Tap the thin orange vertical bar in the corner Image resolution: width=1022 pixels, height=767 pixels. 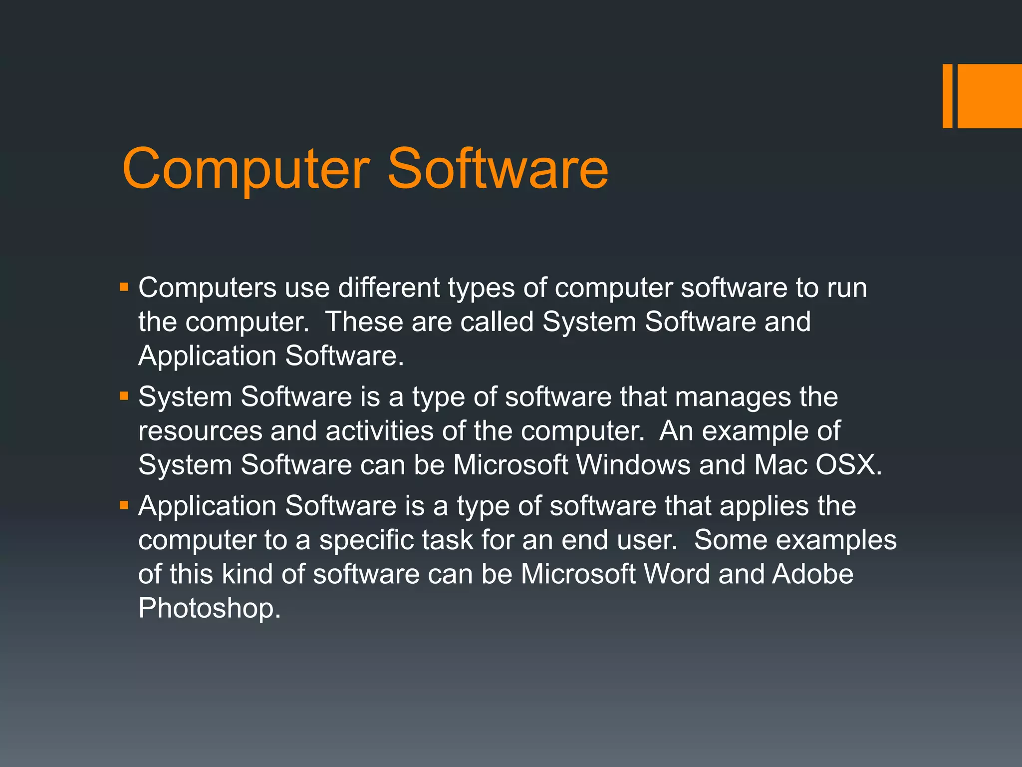coord(947,96)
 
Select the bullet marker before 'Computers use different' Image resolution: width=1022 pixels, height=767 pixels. coord(124,288)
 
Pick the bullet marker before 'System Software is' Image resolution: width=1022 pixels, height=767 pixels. coord(124,397)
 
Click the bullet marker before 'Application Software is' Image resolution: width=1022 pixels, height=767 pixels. coord(124,506)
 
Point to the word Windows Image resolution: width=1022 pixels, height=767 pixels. coord(633,465)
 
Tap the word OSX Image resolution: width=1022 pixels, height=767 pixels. coord(847,465)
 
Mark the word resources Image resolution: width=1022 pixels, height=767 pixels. coord(200,431)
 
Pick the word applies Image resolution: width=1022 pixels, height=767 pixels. coord(764,506)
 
